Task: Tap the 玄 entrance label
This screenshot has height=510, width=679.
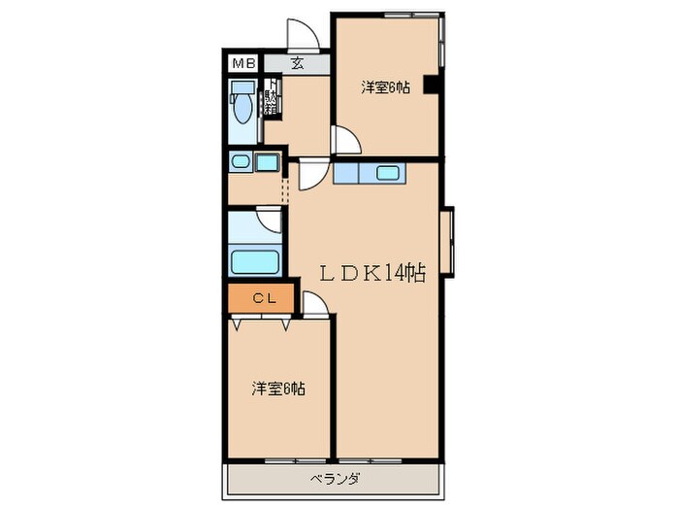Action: (297, 66)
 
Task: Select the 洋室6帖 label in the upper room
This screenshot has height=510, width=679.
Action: (385, 87)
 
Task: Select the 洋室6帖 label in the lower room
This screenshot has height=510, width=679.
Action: (279, 389)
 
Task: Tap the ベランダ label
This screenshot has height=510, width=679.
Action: (336, 479)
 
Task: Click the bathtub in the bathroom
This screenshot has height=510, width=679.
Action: (255, 261)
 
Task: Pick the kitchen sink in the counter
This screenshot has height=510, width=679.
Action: (385, 174)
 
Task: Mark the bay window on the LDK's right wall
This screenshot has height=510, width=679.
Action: (447, 242)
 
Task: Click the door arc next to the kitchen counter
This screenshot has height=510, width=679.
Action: (312, 177)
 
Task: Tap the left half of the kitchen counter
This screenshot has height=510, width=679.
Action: (345, 174)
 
